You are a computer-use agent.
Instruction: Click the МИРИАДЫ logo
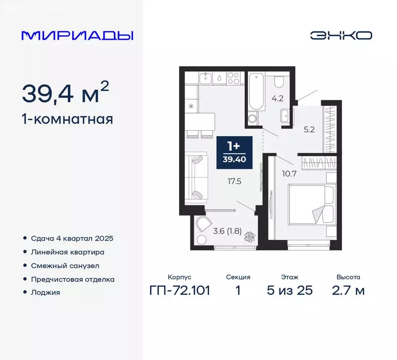point(77,36)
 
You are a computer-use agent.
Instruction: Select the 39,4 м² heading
point(66,93)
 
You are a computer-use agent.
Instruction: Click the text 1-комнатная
point(67,119)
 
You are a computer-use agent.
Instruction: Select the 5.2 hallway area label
point(309,130)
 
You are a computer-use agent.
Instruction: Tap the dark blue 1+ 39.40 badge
point(234,152)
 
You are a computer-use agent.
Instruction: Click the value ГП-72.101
point(180,291)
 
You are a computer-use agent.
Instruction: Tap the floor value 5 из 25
point(289,291)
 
